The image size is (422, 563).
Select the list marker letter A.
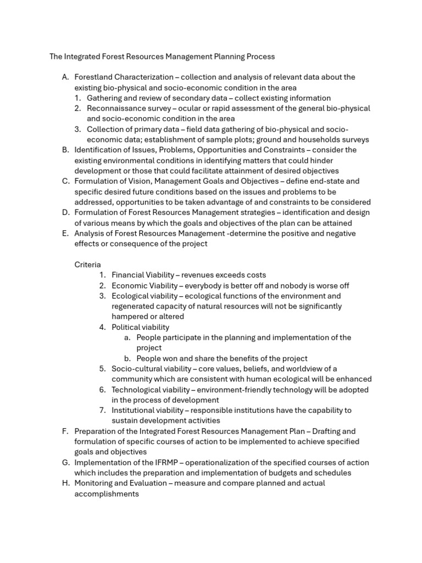coord(65,77)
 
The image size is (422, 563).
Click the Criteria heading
coord(88,264)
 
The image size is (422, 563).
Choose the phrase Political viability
coord(140,327)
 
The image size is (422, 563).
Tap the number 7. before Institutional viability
coord(102,410)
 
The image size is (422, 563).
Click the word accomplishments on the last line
coord(107,494)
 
